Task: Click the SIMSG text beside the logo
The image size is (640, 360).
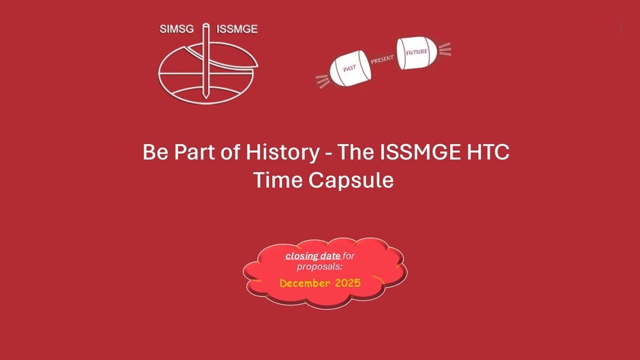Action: click(x=177, y=29)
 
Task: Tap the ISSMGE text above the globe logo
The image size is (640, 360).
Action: click(x=237, y=29)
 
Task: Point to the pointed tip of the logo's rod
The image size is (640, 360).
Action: click(x=206, y=98)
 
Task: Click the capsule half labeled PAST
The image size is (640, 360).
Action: click(x=350, y=68)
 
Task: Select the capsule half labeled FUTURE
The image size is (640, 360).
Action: click(x=417, y=52)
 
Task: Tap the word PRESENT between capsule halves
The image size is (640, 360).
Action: click(x=382, y=60)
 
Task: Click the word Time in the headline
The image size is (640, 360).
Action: click(x=278, y=180)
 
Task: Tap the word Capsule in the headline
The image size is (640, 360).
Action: click(x=351, y=180)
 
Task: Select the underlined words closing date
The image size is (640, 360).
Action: click(x=313, y=256)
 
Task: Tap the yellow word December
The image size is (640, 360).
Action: click(x=305, y=283)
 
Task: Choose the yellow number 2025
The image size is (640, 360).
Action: click(x=348, y=283)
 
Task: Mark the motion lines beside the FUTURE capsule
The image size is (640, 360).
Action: click(x=445, y=49)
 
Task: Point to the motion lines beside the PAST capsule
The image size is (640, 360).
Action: click(x=322, y=81)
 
